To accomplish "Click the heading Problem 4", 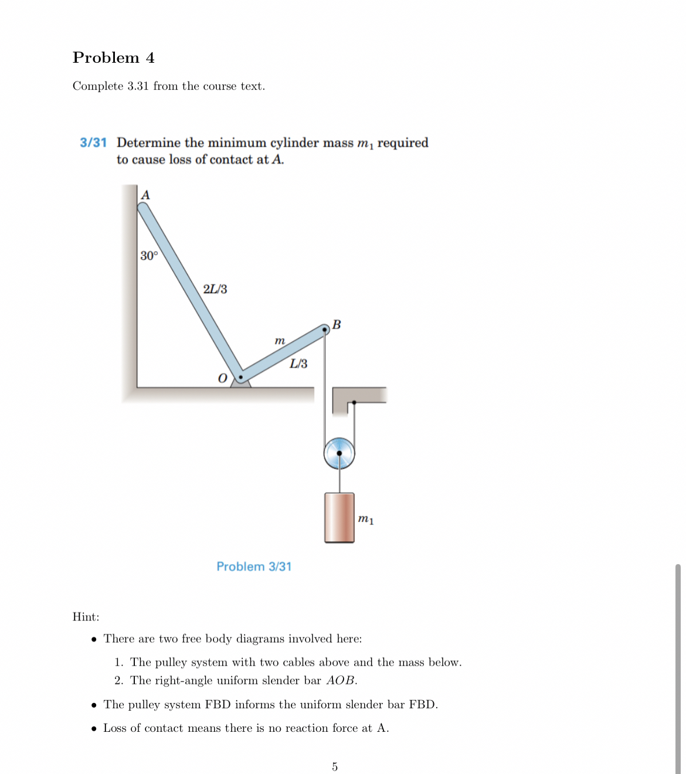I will [x=113, y=57].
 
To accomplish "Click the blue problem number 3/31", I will [x=93, y=142].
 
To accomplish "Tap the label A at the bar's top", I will [x=145, y=195].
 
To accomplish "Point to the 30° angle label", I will [x=149, y=256].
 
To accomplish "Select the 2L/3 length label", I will [x=215, y=289].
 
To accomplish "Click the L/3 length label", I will [x=298, y=364].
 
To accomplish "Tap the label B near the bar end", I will [x=337, y=324].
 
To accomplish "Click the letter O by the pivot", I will [x=222, y=378].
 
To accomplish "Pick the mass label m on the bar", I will [x=280, y=341].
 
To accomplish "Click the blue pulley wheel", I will [x=339, y=453].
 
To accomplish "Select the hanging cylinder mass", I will [x=339, y=518].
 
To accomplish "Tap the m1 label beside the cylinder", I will [x=366, y=520].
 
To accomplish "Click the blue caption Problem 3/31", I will [x=254, y=566].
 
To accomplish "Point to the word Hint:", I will [x=86, y=617].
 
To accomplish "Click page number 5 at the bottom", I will [x=335, y=767].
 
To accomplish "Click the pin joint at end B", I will [x=325, y=330].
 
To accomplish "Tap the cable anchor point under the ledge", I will [x=354, y=403].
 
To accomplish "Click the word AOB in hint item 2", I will [x=341, y=681].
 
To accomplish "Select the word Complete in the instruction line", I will [x=98, y=86].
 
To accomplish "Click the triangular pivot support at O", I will [x=240, y=383].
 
